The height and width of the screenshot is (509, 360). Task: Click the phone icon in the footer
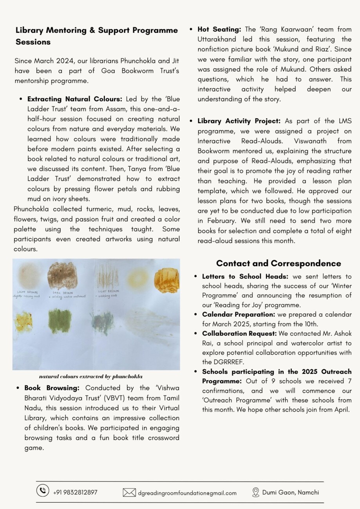pyautogui.click(x=43, y=491)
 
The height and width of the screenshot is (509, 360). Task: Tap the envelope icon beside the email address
pyautogui.click(x=129, y=493)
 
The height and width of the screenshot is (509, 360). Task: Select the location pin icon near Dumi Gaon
pyautogui.click(x=256, y=492)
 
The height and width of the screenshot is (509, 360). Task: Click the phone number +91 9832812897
pyautogui.click(x=75, y=493)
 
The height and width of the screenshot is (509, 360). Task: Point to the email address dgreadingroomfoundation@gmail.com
pyautogui.click(x=187, y=493)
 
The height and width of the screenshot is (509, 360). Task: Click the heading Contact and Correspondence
pyautogui.click(x=279, y=264)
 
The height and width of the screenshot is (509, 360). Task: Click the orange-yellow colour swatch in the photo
pyautogui.click(x=166, y=280)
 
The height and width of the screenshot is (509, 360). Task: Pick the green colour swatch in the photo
pyautogui.click(x=60, y=321)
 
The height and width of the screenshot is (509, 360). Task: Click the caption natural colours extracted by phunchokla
pyautogui.click(x=91, y=377)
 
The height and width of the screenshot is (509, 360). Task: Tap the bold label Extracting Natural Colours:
pyautogui.click(x=75, y=99)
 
